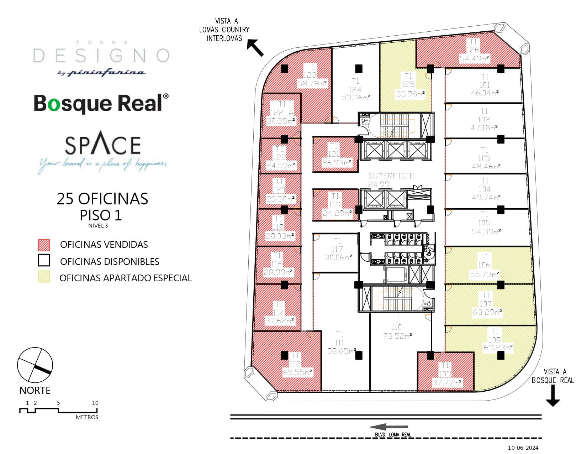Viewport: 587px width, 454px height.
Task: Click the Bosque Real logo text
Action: click(101, 103)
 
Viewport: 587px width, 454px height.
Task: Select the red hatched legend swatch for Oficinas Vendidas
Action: click(44, 245)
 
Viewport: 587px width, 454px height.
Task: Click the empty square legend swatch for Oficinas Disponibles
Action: click(44, 261)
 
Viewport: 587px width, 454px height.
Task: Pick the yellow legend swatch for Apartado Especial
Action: click(44, 277)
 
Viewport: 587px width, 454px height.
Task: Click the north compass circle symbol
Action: click(35, 366)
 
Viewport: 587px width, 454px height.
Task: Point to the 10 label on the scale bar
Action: click(95, 403)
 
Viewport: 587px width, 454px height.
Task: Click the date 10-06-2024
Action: click(523, 448)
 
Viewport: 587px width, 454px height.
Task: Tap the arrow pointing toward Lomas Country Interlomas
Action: click(256, 48)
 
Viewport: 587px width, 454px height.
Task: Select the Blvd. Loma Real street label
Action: click(393, 434)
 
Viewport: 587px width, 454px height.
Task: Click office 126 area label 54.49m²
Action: click(474, 59)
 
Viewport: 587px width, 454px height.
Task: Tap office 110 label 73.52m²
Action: click(397, 336)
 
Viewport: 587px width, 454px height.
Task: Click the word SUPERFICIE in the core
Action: click(391, 176)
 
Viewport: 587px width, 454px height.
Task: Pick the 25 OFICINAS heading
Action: click(102, 199)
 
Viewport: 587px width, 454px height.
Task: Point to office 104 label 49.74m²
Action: click(485, 198)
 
